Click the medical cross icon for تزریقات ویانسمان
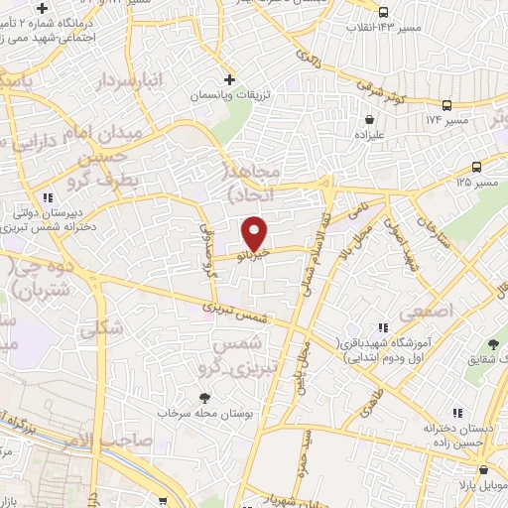230,79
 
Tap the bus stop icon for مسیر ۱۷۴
447,104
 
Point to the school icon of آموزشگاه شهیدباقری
382,328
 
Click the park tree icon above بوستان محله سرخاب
204,398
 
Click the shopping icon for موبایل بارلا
483,471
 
